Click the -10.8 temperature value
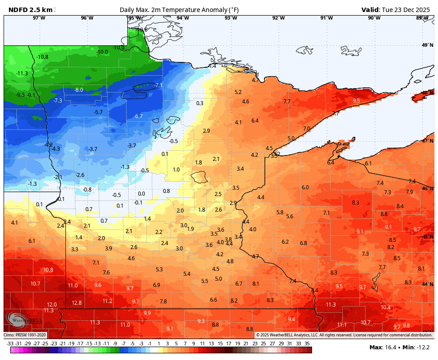42,57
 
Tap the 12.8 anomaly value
77,303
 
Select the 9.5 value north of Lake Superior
356,101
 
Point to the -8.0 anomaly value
78,90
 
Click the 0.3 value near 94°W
200,103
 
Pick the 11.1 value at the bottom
341,324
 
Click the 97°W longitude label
39,18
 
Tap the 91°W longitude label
326,18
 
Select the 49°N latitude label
427,45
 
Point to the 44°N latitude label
427,284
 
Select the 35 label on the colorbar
307,344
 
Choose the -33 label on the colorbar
10,344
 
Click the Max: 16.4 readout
382,347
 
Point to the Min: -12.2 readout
416,347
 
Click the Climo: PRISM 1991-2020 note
24,335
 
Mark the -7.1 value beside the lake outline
158,85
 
